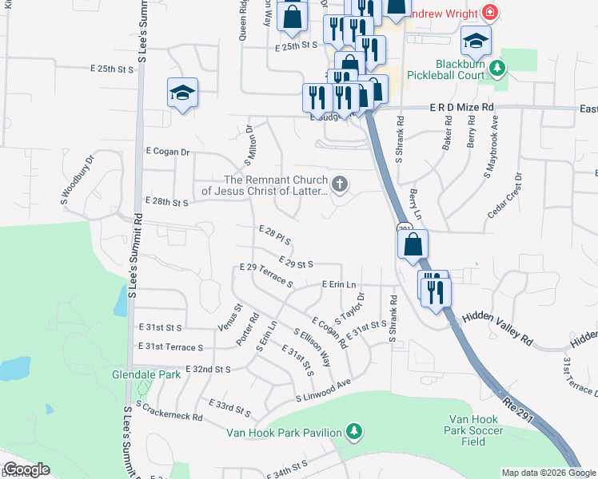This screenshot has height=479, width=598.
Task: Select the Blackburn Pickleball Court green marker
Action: coord(498,69)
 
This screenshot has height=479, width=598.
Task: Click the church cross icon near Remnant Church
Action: coord(340,185)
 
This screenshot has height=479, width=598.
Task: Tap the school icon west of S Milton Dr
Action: coord(182,93)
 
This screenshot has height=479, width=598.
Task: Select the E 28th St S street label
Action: coord(165,203)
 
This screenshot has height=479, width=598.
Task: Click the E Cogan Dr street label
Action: coord(167,151)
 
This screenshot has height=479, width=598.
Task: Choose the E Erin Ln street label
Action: coord(338,284)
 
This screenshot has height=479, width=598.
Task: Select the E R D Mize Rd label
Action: coord(462,106)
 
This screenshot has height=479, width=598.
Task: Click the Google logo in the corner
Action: coord(26,469)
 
